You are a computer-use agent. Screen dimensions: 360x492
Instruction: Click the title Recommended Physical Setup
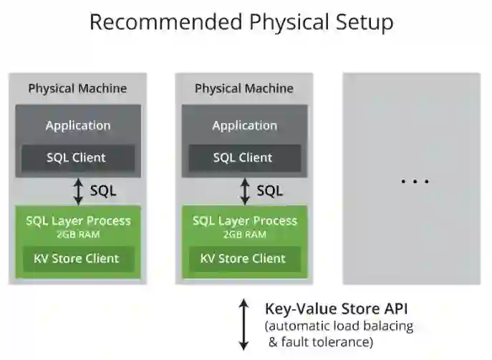[241, 21]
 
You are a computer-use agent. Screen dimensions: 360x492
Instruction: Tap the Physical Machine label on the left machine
[77, 89]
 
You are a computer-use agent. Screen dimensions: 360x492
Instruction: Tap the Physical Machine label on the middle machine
[244, 89]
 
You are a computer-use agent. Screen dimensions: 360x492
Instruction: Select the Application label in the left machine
[78, 125]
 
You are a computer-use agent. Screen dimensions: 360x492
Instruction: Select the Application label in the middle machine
[244, 125]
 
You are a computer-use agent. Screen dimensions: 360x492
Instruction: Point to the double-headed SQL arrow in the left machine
[78, 191]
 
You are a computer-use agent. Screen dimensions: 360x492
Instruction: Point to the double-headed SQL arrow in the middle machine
[244, 191]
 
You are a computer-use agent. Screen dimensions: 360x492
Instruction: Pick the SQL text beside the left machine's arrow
[103, 191]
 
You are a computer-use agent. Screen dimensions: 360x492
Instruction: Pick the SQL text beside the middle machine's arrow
[269, 191]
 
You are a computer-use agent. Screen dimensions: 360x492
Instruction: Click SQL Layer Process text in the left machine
[78, 220]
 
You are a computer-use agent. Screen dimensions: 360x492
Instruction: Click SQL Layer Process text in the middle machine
[244, 220]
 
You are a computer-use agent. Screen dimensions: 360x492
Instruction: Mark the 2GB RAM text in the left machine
[78, 234]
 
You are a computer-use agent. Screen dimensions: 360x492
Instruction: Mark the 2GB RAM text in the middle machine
[244, 234]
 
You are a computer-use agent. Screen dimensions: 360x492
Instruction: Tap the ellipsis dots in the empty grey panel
[415, 181]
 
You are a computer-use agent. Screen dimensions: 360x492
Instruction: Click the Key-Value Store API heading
[337, 310]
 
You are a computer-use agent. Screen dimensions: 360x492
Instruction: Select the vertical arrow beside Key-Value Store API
[244, 324]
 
